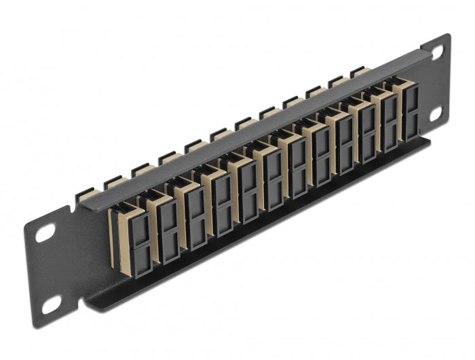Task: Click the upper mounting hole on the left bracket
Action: click(x=45, y=233)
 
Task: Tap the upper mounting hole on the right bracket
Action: click(x=436, y=51)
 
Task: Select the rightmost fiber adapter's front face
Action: click(x=411, y=111)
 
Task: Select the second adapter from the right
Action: click(x=389, y=122)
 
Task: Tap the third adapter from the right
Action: click(x=366, y=132)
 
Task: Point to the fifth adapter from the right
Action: click(x=321, y=152)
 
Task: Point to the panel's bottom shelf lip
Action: click(x=258, y=231)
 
